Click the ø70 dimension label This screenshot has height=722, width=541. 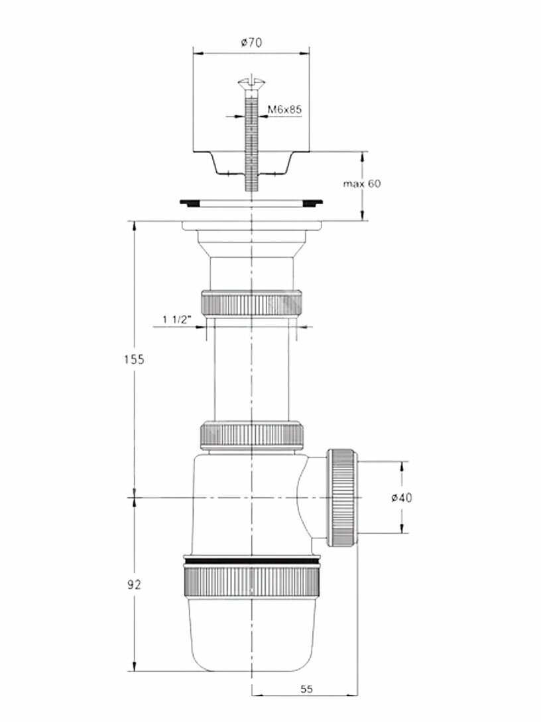coord(251,42)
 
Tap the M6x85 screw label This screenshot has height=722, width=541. coord(285,109)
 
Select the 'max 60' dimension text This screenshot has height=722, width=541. coord(362,183)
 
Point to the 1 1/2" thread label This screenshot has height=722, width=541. coord(176,320)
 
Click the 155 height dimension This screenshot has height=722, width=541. coord(134,359)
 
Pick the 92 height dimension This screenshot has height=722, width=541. coord(134,585)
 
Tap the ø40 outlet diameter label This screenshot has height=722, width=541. coord(402,497)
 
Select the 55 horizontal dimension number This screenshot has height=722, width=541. coord(307,690)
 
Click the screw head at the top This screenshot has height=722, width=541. coord(251,85)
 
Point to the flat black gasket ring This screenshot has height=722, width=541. coord(251,202)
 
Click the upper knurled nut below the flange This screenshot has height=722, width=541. coord(251,302)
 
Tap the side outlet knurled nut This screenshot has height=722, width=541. coord(341,497)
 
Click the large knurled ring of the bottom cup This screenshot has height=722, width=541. coord(251,582)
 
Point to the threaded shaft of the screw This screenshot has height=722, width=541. coord(251,141)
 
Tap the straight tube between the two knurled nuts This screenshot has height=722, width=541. coord(251,368)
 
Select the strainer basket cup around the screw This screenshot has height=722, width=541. coord(251,164)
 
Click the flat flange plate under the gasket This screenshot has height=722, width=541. coord(251,226)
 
